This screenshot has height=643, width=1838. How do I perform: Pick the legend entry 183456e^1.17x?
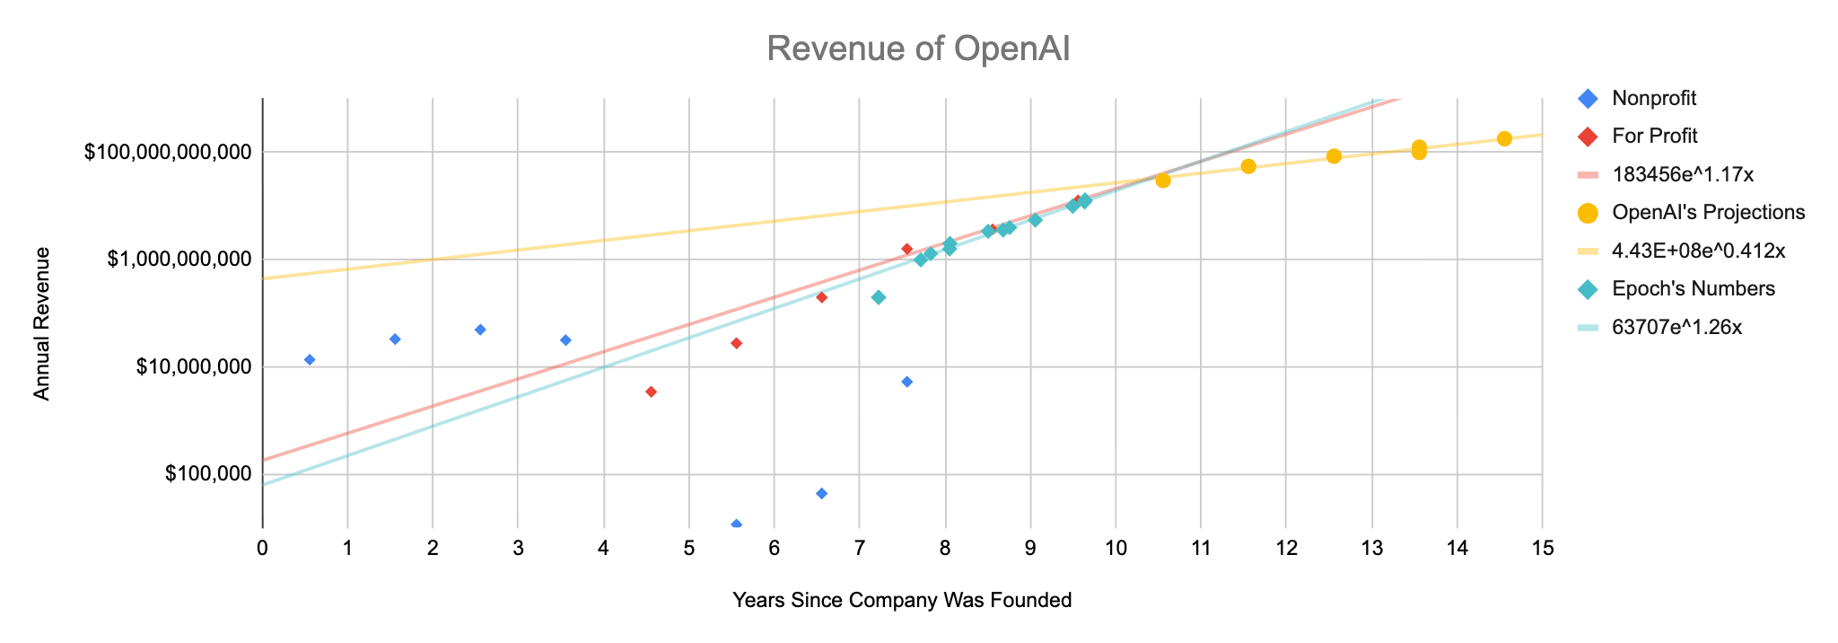tap(1676, 174)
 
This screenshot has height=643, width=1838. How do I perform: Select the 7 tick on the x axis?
tap(859, 547)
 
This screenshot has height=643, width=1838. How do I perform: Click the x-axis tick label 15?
tap(1542, 547)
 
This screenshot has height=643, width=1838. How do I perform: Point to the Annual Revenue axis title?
tap(40, 323)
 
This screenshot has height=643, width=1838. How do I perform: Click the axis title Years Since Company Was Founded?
tap(902, 600)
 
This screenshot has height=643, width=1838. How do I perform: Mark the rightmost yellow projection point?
tap(1504, 138)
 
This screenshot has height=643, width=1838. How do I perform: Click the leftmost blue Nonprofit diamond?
tap(310, 359)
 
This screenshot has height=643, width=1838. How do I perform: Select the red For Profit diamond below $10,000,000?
tap(651, 392)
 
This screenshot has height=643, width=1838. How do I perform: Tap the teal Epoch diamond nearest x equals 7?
tap(879, 297)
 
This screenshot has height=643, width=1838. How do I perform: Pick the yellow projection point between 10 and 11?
tap(1163, 181)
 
